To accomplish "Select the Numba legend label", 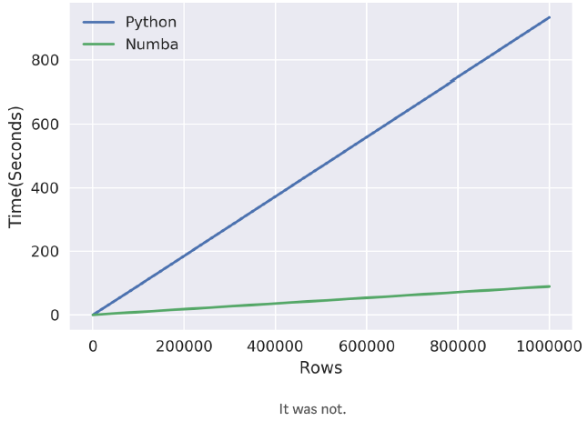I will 152,44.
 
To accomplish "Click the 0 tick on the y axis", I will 55,316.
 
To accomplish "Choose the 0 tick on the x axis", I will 93,346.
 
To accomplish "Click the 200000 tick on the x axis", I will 184,346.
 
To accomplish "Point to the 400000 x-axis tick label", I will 275,346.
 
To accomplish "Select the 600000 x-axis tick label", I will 366,346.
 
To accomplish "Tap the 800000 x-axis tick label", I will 457,346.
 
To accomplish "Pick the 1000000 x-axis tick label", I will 549,346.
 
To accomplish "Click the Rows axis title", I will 320,368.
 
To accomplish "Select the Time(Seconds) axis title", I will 16,170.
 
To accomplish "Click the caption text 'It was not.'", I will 312,409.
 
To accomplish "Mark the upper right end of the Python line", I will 549,17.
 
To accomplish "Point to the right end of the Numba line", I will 549,286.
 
